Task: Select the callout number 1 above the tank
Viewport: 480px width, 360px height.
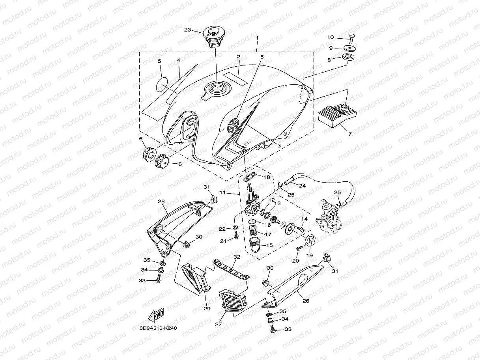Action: [x=257, y=39]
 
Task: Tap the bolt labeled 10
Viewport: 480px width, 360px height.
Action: [x=351, y=37]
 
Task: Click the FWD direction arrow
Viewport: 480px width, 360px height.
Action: [x=156, y=316]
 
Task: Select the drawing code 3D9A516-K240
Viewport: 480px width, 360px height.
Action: [x=158, y=328]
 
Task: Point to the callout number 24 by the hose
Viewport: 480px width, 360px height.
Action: [x=302, y=186]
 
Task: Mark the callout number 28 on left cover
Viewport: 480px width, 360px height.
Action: [x=161, y=201]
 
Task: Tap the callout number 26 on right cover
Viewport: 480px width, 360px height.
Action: [x=306, y=300]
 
